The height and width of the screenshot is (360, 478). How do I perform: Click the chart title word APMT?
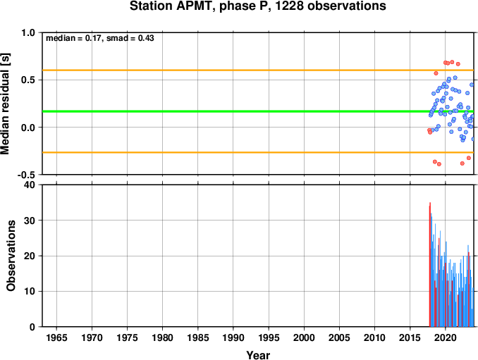tap(194, 6)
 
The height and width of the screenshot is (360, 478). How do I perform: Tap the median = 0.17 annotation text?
tap(73, 38)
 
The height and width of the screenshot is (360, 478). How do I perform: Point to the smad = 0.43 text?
tap(130, 38)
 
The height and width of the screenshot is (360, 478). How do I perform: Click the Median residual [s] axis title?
tap(5, 104)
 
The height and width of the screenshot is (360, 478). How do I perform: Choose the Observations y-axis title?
tap(11, 256)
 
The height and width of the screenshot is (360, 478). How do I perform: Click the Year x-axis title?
tap(258, 355)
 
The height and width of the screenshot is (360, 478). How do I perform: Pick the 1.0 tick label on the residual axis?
tap(28, 32)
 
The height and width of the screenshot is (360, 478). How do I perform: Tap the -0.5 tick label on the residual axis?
tap(26, 175)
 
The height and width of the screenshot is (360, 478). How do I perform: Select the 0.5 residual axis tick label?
tap(28, 80)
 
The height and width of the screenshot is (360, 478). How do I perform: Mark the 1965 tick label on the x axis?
tap(56, 337)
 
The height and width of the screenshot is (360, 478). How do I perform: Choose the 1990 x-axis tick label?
tap(233, 337)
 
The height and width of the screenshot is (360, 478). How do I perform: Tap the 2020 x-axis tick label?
tap(446, 337)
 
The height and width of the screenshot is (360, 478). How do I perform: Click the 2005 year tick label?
tap(339, 337)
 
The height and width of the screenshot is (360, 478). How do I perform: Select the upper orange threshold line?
tap(258, 70)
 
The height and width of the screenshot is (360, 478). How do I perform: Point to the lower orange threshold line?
tap(258, 152)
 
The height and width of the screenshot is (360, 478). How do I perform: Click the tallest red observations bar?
tap(430, 264)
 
